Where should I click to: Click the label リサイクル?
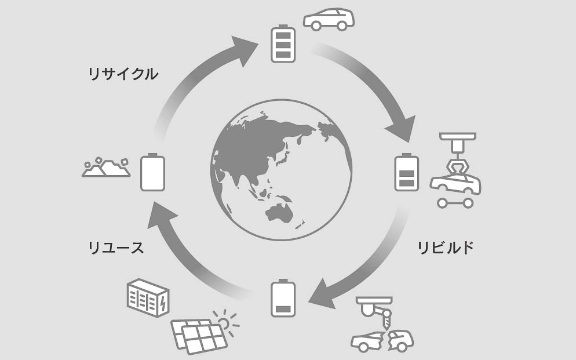[x=122, y=74]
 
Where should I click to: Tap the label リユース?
[x=115, y=248]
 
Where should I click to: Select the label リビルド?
[x=446, y=248]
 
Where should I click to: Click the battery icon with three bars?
[x=283, y=43]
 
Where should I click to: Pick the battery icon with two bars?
[x=406, y=173]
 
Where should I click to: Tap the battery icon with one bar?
[x=283, y=299]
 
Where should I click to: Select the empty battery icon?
[x=153, y=172]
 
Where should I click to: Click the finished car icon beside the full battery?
[x=329, y=19]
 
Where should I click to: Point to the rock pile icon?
[x=106, y=168]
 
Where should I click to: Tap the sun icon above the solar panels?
[x=225, y=319]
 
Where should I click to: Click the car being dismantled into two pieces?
[x=382, y=340]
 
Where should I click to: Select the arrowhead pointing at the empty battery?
[x=160, y=215]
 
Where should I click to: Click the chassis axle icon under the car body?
[x=455, y=203]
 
